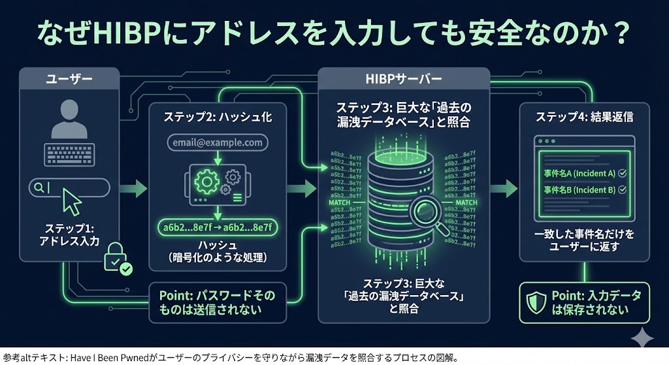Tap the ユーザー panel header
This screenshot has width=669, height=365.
pos(69,80)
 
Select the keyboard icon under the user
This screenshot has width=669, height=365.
pos(69,155)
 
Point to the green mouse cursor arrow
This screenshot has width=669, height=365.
pos(71,203)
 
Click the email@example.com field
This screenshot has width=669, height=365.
pos(218,142)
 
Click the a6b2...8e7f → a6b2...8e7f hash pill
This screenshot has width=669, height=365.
pos(218,227)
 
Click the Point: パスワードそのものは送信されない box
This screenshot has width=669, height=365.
pos(218,302)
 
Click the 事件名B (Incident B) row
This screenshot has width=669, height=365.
pos(585,190)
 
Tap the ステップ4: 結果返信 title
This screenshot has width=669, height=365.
pos(584,118)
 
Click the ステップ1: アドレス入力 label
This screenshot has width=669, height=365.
pos(69,235)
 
